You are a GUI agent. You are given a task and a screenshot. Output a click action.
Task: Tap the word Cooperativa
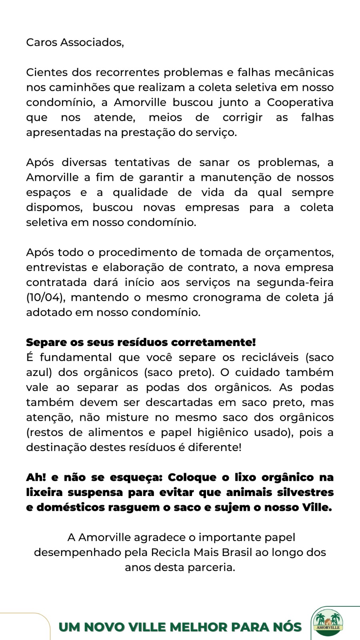tap(300, 102)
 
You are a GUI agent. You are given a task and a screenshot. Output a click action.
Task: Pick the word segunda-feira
tap(295, 282)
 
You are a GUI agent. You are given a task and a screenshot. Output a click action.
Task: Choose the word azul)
tap(39, 372)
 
